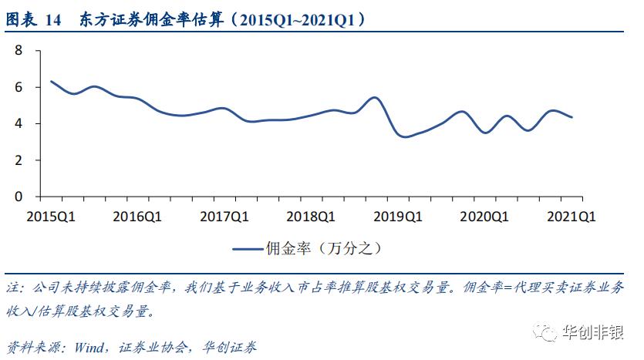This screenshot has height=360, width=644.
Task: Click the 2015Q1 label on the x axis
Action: click(x=50, y=217)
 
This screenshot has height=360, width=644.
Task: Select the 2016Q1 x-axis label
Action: click(x=138, y=217)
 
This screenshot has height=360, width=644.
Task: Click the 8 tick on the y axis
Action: click(x=19, y=51)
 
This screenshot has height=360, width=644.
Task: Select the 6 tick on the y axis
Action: click(x=19, y=87)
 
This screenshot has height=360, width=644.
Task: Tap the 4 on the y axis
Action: click(x=19, y=123)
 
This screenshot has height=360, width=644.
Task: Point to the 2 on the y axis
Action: click(x=19, y=160)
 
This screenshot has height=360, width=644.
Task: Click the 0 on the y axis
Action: click(x=19, y=196)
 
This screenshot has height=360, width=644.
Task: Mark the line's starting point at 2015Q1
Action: click(x=51, y=81)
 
